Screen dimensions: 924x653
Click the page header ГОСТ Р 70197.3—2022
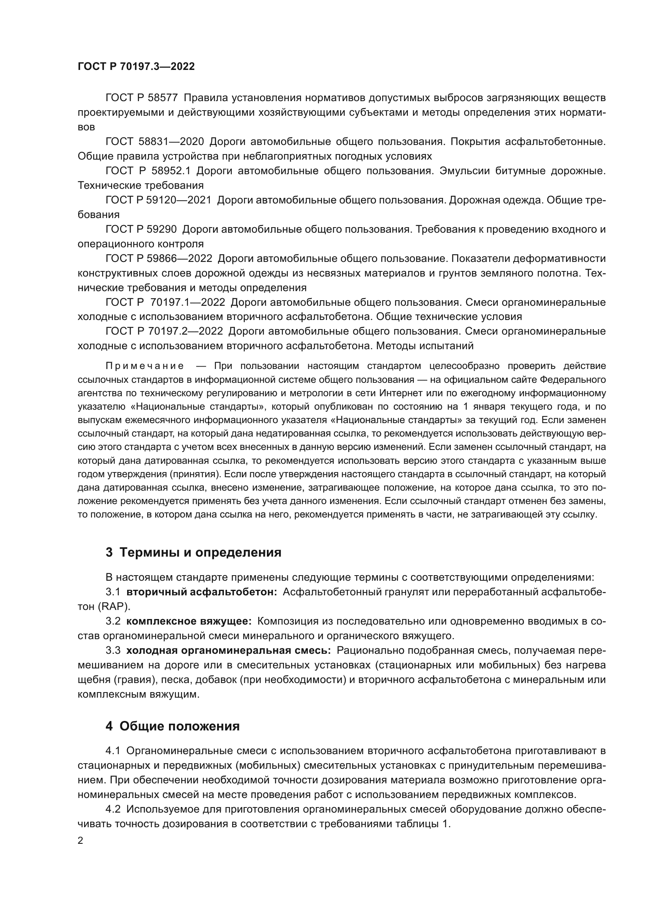point(136,67)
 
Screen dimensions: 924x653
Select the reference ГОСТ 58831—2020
point(155,142)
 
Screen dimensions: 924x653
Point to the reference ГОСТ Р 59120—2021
point(158,200)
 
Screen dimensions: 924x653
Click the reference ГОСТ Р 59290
point(141,230)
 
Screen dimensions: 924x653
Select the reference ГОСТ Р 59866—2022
point(158,258)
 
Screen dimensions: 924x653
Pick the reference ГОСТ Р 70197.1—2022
point(165,302)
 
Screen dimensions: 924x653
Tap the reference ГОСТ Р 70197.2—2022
point(164,331)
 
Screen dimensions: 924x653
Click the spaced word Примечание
point(145,366)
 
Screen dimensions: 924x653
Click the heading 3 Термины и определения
point(193,553)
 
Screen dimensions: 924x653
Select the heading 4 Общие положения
point(173,726)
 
